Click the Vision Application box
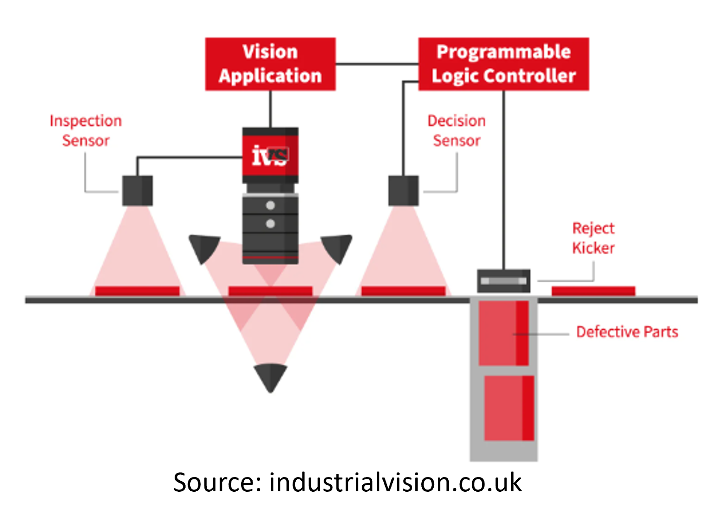pyautogui.click(x=270, y=64)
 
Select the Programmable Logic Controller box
pyautogui.click(x=503, y=64)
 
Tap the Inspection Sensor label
pyautogui.click(x=86, y=130)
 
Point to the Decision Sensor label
pyautogui.click(x=457, y=130)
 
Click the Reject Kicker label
pyautogui.click(x=593, y=238)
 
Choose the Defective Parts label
pyautogui.click(x=627, y=332)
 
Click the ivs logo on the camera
pyautogui.click(x=270, y=156)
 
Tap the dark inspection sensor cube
pyautogui.click(x=138, y=191)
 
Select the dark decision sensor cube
pyautogui.click(x=403, y=191)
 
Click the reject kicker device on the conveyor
pyautogui.click(x=503, y=281)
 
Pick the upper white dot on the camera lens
pyautogui.click(x=270, y=205)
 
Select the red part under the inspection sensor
pyautogui.click(x=137, y=291)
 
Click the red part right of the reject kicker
pyautogui.click(x=593, y=291)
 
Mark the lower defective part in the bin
pyautogui.click(x=509, y=408)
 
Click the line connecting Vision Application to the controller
pyautogui.click(x=377, y=64)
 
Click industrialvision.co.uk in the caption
pyautogui.click(x=395, y=483)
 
